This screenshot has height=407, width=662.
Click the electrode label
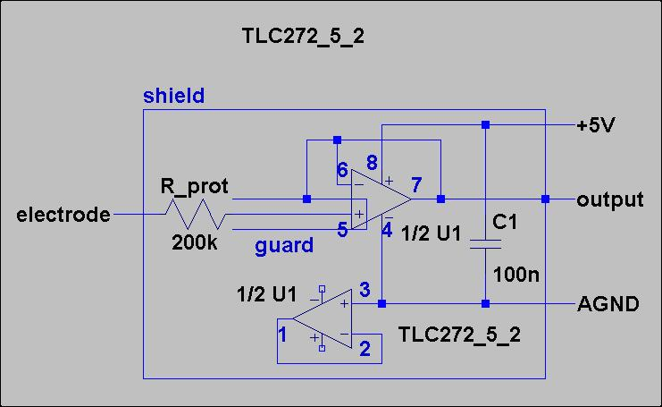[63, 216]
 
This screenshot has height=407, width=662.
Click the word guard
[284, 244]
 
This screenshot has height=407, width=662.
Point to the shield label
[173, 96]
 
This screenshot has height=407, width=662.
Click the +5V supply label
[596, 125]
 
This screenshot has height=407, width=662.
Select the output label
[610, 199]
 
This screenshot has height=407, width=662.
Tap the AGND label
[608, 304]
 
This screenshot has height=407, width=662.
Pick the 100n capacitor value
[515, 275]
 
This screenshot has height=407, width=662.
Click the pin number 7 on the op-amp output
[416, 185]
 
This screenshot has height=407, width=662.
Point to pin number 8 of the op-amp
[372, 162]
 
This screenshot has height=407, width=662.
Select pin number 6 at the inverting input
[342, 170]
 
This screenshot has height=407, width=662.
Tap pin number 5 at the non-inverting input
[342, 230]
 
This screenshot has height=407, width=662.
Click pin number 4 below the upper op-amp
[386, 230]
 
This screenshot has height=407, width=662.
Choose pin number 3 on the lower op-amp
[364, 290]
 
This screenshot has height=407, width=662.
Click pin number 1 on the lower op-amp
[282, 335]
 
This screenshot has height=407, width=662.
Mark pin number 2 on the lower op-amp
[364, 350]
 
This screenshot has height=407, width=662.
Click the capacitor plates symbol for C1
[485, 242]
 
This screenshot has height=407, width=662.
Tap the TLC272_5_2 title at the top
[303, 37]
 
